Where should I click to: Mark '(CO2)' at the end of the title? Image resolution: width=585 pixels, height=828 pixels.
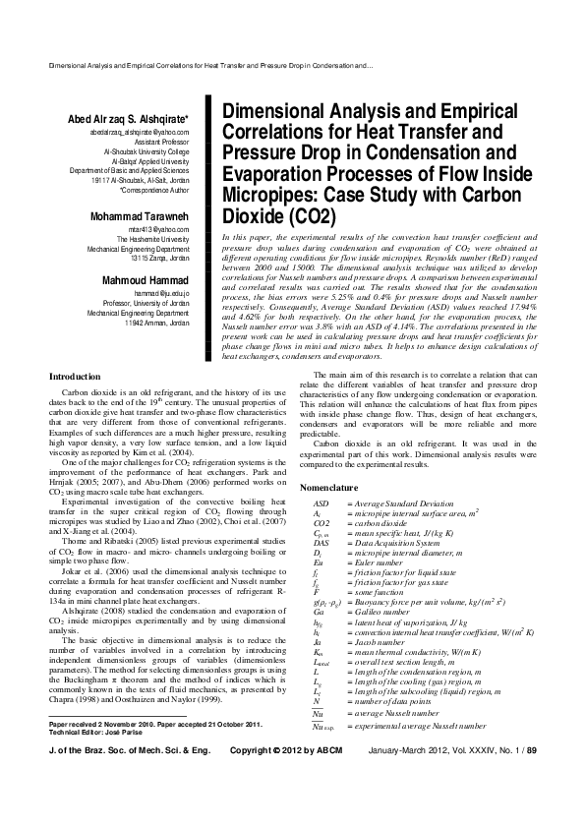(305, 215)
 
